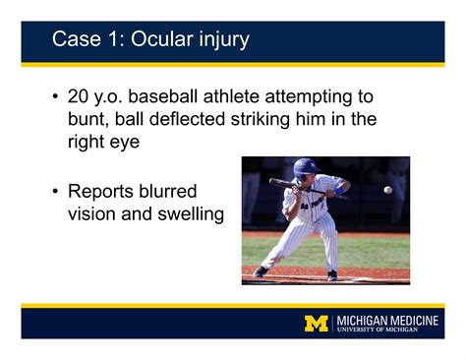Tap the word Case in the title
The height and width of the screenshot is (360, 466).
pyautogui.click(x=74, y=39)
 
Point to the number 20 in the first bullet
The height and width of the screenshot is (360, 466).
pyautogui.click(x=79, y=97)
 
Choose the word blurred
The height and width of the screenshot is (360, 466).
pyautogui.click(x=175, y=191)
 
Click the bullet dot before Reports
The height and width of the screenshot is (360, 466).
pyautogui.click(x=55, y=191)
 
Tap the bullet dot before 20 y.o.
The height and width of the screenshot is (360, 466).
pyautogui.click(x=55, y=97)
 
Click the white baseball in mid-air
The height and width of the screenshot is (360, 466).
pyautogui.click(x=387, y=190)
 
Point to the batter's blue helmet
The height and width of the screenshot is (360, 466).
pyautogui.click(x=305, y=167)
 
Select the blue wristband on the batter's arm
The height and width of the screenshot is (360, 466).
pyautogui.click(x=340, y=186)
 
